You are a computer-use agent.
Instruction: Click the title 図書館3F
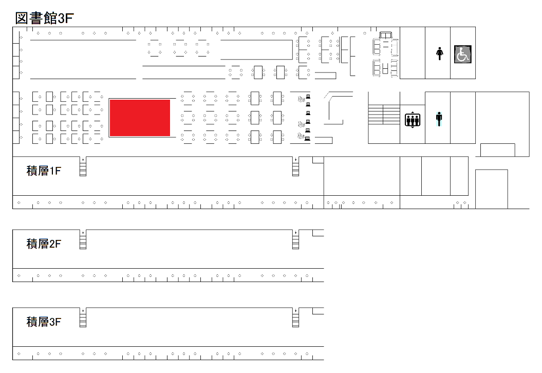pos(44,18)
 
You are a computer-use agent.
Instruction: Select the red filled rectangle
pos(140,118)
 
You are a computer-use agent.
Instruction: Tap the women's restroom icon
pos(439,54)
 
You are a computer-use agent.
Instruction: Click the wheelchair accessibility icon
pos(462,54)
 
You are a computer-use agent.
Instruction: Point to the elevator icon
pos(413,120)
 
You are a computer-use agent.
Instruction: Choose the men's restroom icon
pos(439,119)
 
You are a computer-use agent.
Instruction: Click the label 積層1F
pos(44,171)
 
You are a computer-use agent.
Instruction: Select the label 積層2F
pos(44,244)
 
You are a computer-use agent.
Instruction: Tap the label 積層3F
pos(44,322)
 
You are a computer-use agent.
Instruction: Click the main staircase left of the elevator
pos(384,115)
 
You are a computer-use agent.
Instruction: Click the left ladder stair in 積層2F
pos(83,239)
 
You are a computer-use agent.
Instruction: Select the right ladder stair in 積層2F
pos(295,239)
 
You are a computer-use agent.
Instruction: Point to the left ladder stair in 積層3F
pos(83,318)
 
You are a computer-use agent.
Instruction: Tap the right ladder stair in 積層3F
pos(295,318)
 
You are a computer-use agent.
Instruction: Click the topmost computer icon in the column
pos(308,97)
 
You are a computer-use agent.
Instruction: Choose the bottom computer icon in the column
pos(308,139)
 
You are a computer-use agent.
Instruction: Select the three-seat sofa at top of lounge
pos(386,35)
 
